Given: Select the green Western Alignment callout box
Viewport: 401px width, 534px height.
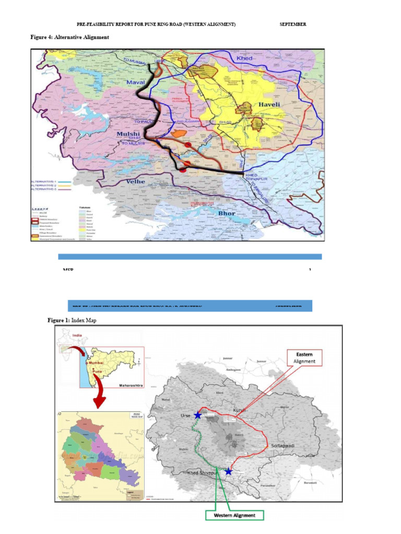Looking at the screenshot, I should coord(234,515).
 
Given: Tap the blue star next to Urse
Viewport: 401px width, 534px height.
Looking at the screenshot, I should coord(197,415).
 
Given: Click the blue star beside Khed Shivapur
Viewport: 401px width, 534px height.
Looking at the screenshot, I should coord(228,472).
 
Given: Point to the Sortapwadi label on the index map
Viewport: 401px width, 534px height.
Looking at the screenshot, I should coord(284,446).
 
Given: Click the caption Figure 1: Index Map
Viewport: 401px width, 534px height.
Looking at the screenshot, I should coord(72,320).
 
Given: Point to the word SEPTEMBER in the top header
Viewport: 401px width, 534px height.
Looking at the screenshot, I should coord(293,25).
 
